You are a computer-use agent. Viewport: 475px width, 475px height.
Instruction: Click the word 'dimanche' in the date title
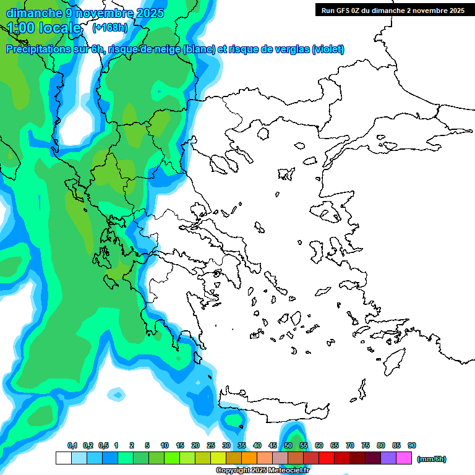point(33,13)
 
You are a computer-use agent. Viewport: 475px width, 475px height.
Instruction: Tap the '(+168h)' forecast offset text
point(109,28)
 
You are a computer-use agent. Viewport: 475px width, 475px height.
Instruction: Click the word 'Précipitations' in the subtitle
point(43,49)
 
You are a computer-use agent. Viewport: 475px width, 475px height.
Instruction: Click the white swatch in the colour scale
point(64,458)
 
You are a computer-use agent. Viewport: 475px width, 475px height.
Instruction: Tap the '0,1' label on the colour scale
point(72,445)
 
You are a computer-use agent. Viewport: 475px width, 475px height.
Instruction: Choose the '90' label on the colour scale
point(411,445)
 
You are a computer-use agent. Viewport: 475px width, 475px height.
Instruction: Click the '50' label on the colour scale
point(288,445)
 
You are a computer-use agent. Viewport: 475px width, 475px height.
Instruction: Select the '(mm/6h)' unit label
point(432,459)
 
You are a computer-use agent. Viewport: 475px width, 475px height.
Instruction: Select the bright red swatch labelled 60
point(327,458)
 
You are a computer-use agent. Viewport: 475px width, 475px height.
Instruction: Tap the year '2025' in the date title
point(148,13)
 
